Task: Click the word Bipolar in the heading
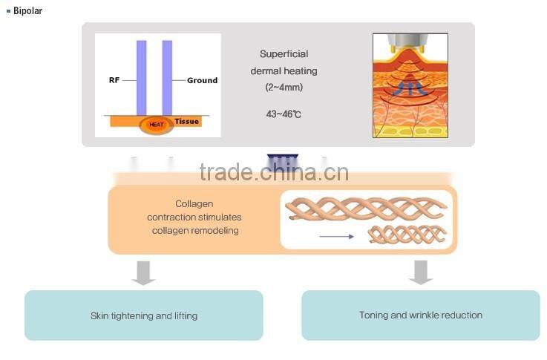coord(28,11)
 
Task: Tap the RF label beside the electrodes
coord(115,80)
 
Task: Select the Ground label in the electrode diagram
coord(202,80)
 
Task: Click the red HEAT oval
coord(156,125)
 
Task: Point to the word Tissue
coord(187,121)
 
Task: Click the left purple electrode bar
coord(141,77)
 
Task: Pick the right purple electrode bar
coord(167,77)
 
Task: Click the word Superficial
coord(284,54)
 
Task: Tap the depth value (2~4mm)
coord(284,87)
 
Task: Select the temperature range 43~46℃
coord(284,114)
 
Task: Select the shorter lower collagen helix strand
coord(408,235)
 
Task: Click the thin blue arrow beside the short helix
coord(337,237)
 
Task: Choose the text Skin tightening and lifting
coord(144,315)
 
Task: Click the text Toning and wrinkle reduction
coord(421,315)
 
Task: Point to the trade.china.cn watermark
coord(274,172)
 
